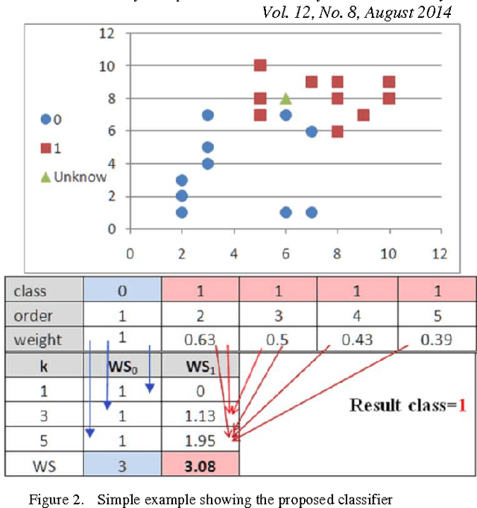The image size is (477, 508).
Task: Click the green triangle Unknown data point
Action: coord(285,98)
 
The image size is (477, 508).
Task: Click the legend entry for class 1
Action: coord(52,147)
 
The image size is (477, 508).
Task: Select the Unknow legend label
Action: coord(75,177)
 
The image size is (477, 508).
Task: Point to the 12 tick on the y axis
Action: coord(108,33)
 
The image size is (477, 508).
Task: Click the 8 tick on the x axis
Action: coord(338,253)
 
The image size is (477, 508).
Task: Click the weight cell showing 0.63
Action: coord(200,340)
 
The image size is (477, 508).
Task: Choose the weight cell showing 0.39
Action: coord(437,340)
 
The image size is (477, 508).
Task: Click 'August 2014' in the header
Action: coord(411,13)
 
